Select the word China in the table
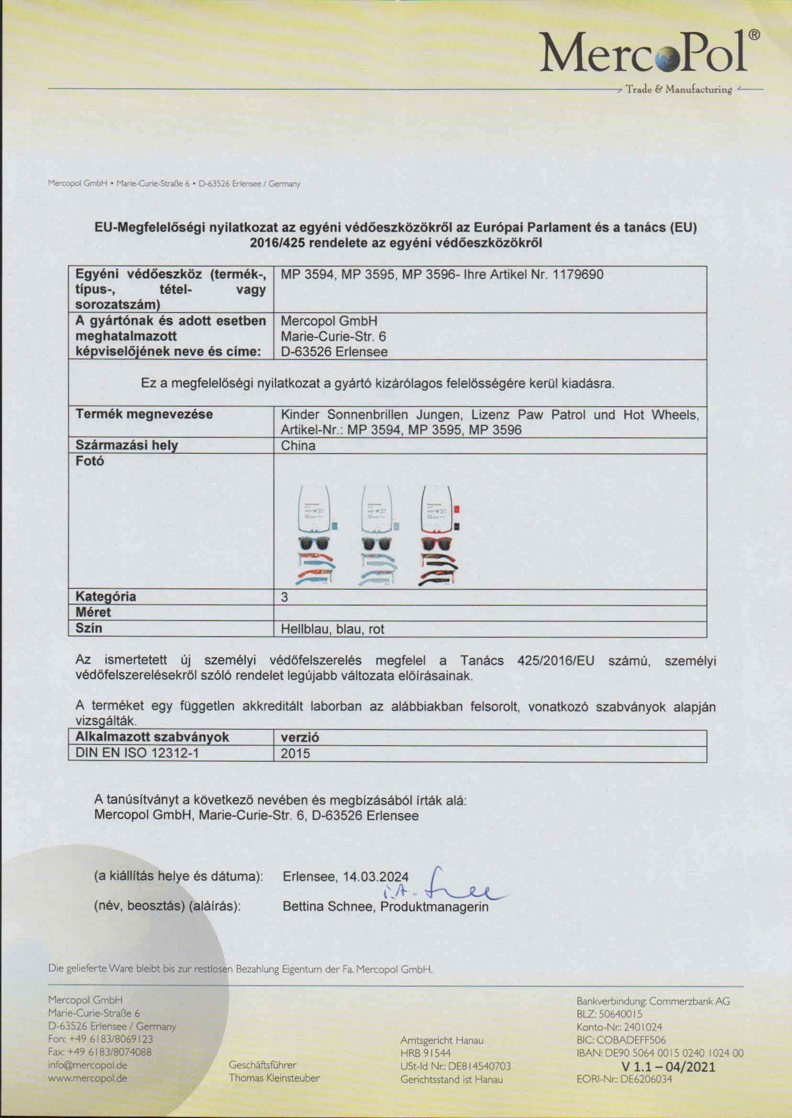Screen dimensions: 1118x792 (x=298, y=445)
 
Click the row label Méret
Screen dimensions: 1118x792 (x=93, y=613)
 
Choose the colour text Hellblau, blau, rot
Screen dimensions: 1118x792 (x=332, y=629)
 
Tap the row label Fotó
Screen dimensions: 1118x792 (x=90, y=461)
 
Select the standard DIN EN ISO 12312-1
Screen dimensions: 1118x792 (x=137, y=753)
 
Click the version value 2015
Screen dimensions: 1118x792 (x=295, y=753)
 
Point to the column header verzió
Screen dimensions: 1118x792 (x=300, y=738)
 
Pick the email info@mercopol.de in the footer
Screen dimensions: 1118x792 (x=88, y=1065)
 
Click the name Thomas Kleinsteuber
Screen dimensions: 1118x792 (x=274, y=1077)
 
